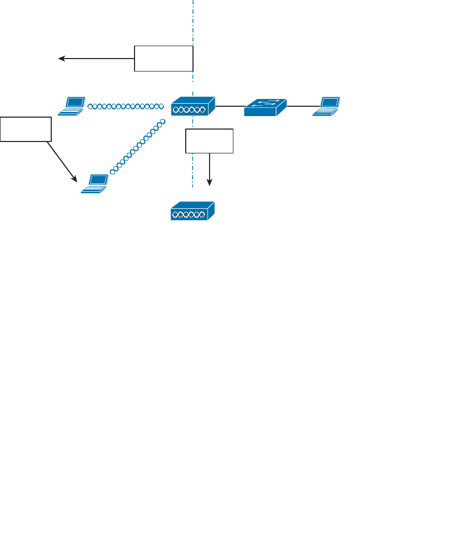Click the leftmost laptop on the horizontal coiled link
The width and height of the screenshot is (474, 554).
71,105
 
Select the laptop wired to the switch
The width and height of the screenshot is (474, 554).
327,105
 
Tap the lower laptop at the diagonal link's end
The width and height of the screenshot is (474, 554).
95,184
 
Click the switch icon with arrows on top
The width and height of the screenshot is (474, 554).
265,107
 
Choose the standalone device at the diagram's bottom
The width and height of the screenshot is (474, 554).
192,211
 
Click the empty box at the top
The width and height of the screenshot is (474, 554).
164,58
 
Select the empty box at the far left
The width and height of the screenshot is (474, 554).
26,129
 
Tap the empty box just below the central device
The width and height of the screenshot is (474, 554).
209,140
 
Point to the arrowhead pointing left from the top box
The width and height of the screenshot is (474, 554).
61,59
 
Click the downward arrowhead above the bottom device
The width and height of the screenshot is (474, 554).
210,183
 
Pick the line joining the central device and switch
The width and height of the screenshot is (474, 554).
230,106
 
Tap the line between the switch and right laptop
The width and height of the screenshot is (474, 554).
300,106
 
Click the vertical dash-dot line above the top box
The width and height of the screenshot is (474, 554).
193,21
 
